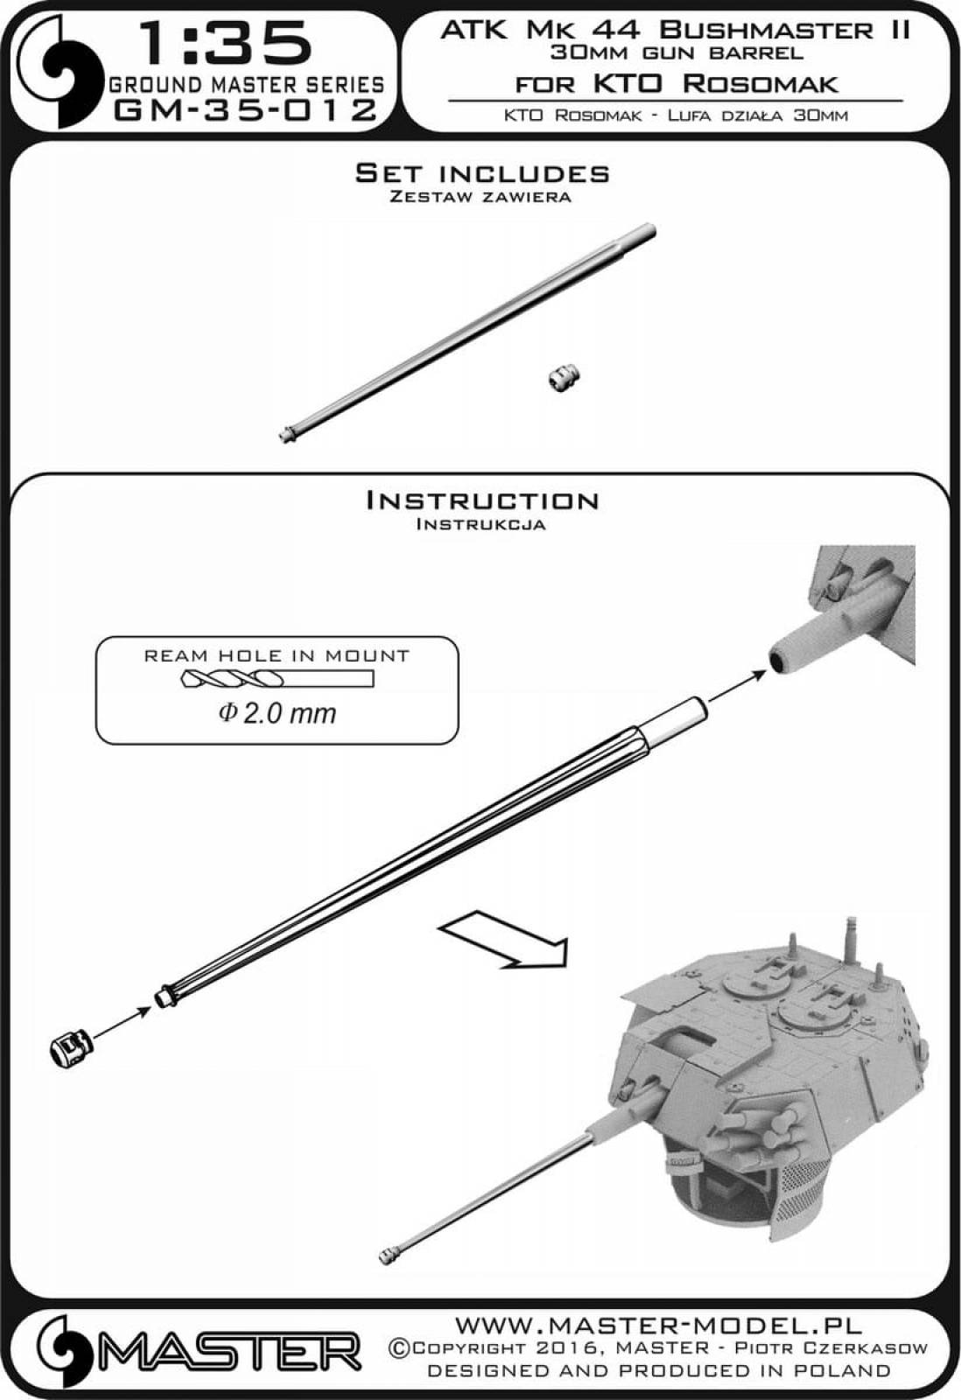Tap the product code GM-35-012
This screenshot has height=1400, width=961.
(246, 110)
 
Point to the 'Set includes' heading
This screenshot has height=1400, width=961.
(481, 173)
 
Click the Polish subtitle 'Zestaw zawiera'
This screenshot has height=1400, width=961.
(480, 197)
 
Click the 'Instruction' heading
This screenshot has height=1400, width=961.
(481, 500)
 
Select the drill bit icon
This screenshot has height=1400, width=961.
(277, 679)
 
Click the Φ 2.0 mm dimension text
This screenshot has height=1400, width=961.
(277, 713)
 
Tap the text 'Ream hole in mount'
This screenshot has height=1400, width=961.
(277, 655)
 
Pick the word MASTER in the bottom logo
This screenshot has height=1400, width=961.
(231, 1353)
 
